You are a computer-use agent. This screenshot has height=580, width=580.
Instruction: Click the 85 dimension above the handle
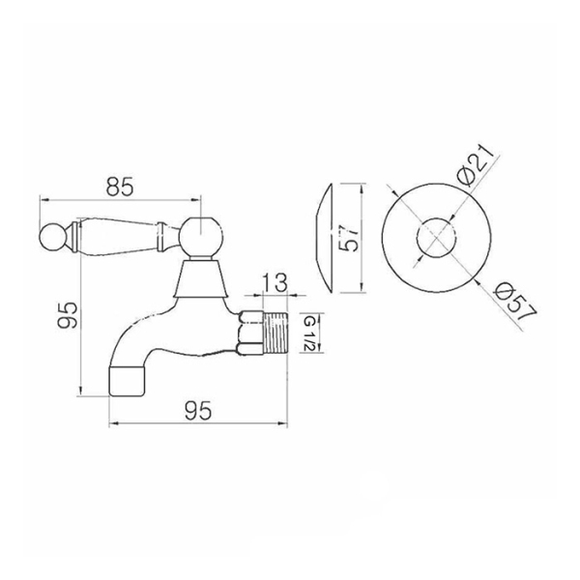coord(119,188)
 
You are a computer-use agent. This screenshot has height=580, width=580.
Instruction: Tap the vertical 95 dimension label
coord(67,315)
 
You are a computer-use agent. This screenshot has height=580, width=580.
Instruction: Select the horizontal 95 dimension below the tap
coord(198,411)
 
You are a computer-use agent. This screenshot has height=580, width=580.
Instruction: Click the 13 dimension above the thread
coord(275,282)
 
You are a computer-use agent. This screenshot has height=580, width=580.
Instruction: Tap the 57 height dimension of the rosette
coord(348,239)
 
